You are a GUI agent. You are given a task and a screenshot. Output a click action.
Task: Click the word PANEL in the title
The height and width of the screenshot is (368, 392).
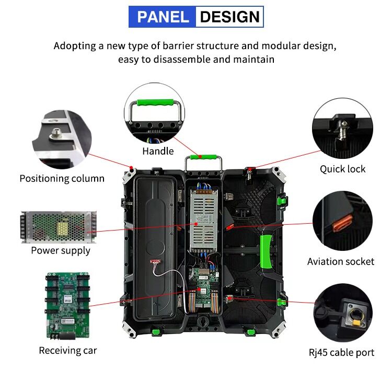click(162, 17)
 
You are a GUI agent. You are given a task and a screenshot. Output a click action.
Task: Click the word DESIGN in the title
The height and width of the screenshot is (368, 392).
click(229, 17)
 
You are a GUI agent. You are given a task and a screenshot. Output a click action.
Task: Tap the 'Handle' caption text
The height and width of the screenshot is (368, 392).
click(158, 151)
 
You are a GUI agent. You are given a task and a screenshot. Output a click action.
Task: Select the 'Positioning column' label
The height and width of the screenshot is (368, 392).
click(62, 178)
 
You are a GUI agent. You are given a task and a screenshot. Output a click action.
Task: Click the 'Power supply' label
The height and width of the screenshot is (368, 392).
click(61, 250)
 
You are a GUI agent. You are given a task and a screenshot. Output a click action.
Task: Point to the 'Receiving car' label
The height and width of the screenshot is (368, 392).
click(68, 350)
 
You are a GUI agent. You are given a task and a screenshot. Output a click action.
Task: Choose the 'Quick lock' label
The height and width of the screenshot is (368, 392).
click(342, 169)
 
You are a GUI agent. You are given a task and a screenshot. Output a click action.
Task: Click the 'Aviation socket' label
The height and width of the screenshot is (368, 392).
click(341, 261)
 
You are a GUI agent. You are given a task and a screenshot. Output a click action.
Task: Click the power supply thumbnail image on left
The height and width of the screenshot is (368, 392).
click(59, 226)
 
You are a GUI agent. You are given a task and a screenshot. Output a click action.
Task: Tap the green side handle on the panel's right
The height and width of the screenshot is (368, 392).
click(267, 249)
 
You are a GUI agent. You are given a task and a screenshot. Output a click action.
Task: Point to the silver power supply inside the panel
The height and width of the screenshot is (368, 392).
click(201, 220)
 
